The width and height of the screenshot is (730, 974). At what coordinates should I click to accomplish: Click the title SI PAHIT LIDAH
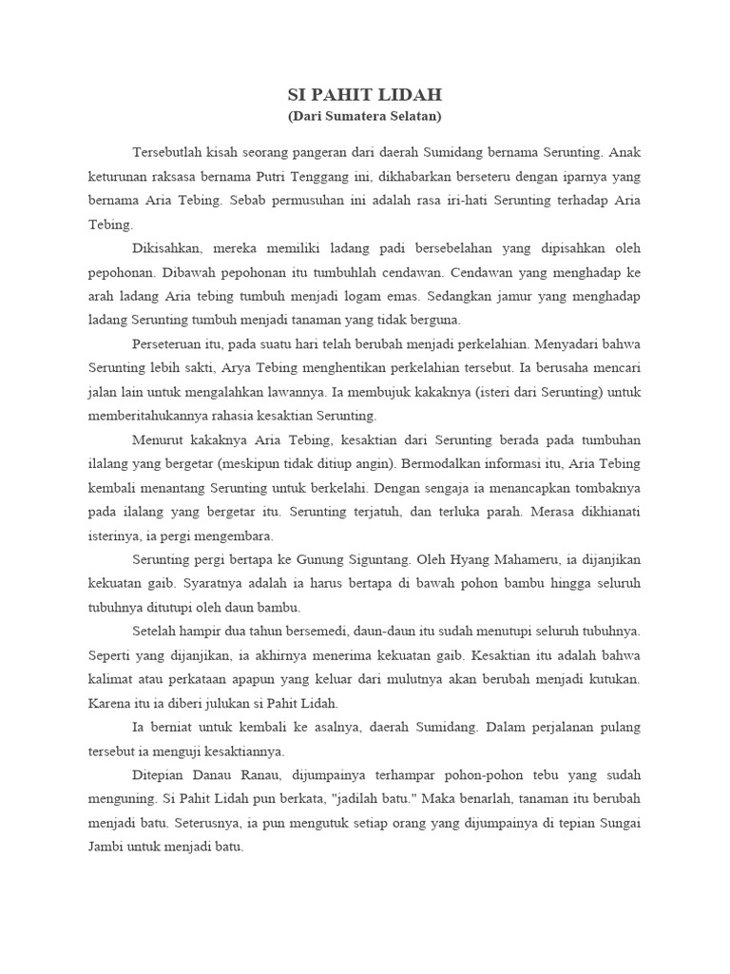(365, 95)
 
